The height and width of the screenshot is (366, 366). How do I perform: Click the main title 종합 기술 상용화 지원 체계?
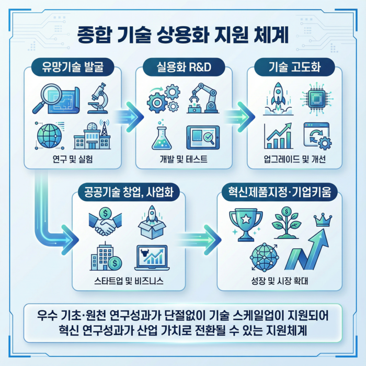pyautogui.click(x=182, y=36)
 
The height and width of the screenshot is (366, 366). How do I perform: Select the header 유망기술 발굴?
pyautogui.click(x=73, y=67)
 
